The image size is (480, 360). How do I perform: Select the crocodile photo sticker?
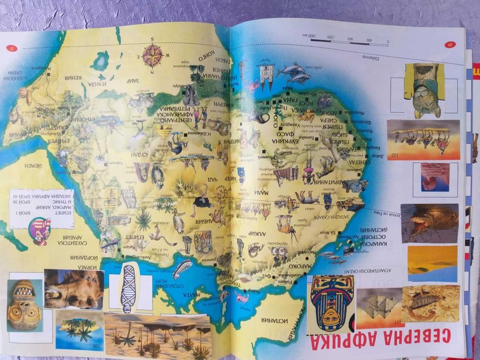point(429,223)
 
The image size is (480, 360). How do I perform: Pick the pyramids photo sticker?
point(379,307)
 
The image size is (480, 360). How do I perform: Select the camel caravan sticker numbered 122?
point(423,140)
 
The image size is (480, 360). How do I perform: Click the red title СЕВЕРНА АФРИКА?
point(407,342)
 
